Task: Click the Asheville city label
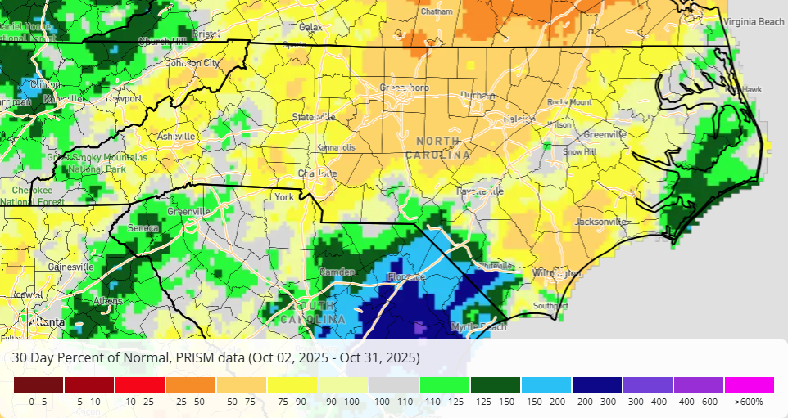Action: (176, 136)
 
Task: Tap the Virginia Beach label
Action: (754, 23)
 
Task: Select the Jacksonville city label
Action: (601, 222)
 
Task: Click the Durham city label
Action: (478, 96)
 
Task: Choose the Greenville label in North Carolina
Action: (605, 134)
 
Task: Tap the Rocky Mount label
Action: (569, 102)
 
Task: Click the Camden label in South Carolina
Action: (337, 272)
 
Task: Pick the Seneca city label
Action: (144, 228)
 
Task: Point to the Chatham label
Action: (436, 12)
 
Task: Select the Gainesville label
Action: (71, 267)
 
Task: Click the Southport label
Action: (550, 306)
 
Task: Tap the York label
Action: (284, 198)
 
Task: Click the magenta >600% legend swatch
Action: (749, 385)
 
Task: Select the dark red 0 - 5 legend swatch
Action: (38, 385)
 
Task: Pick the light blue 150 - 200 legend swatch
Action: (546, 385)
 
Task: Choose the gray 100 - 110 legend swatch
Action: (394, 385)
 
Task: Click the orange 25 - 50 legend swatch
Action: (191, 385)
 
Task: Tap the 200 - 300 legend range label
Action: (596, 402)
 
